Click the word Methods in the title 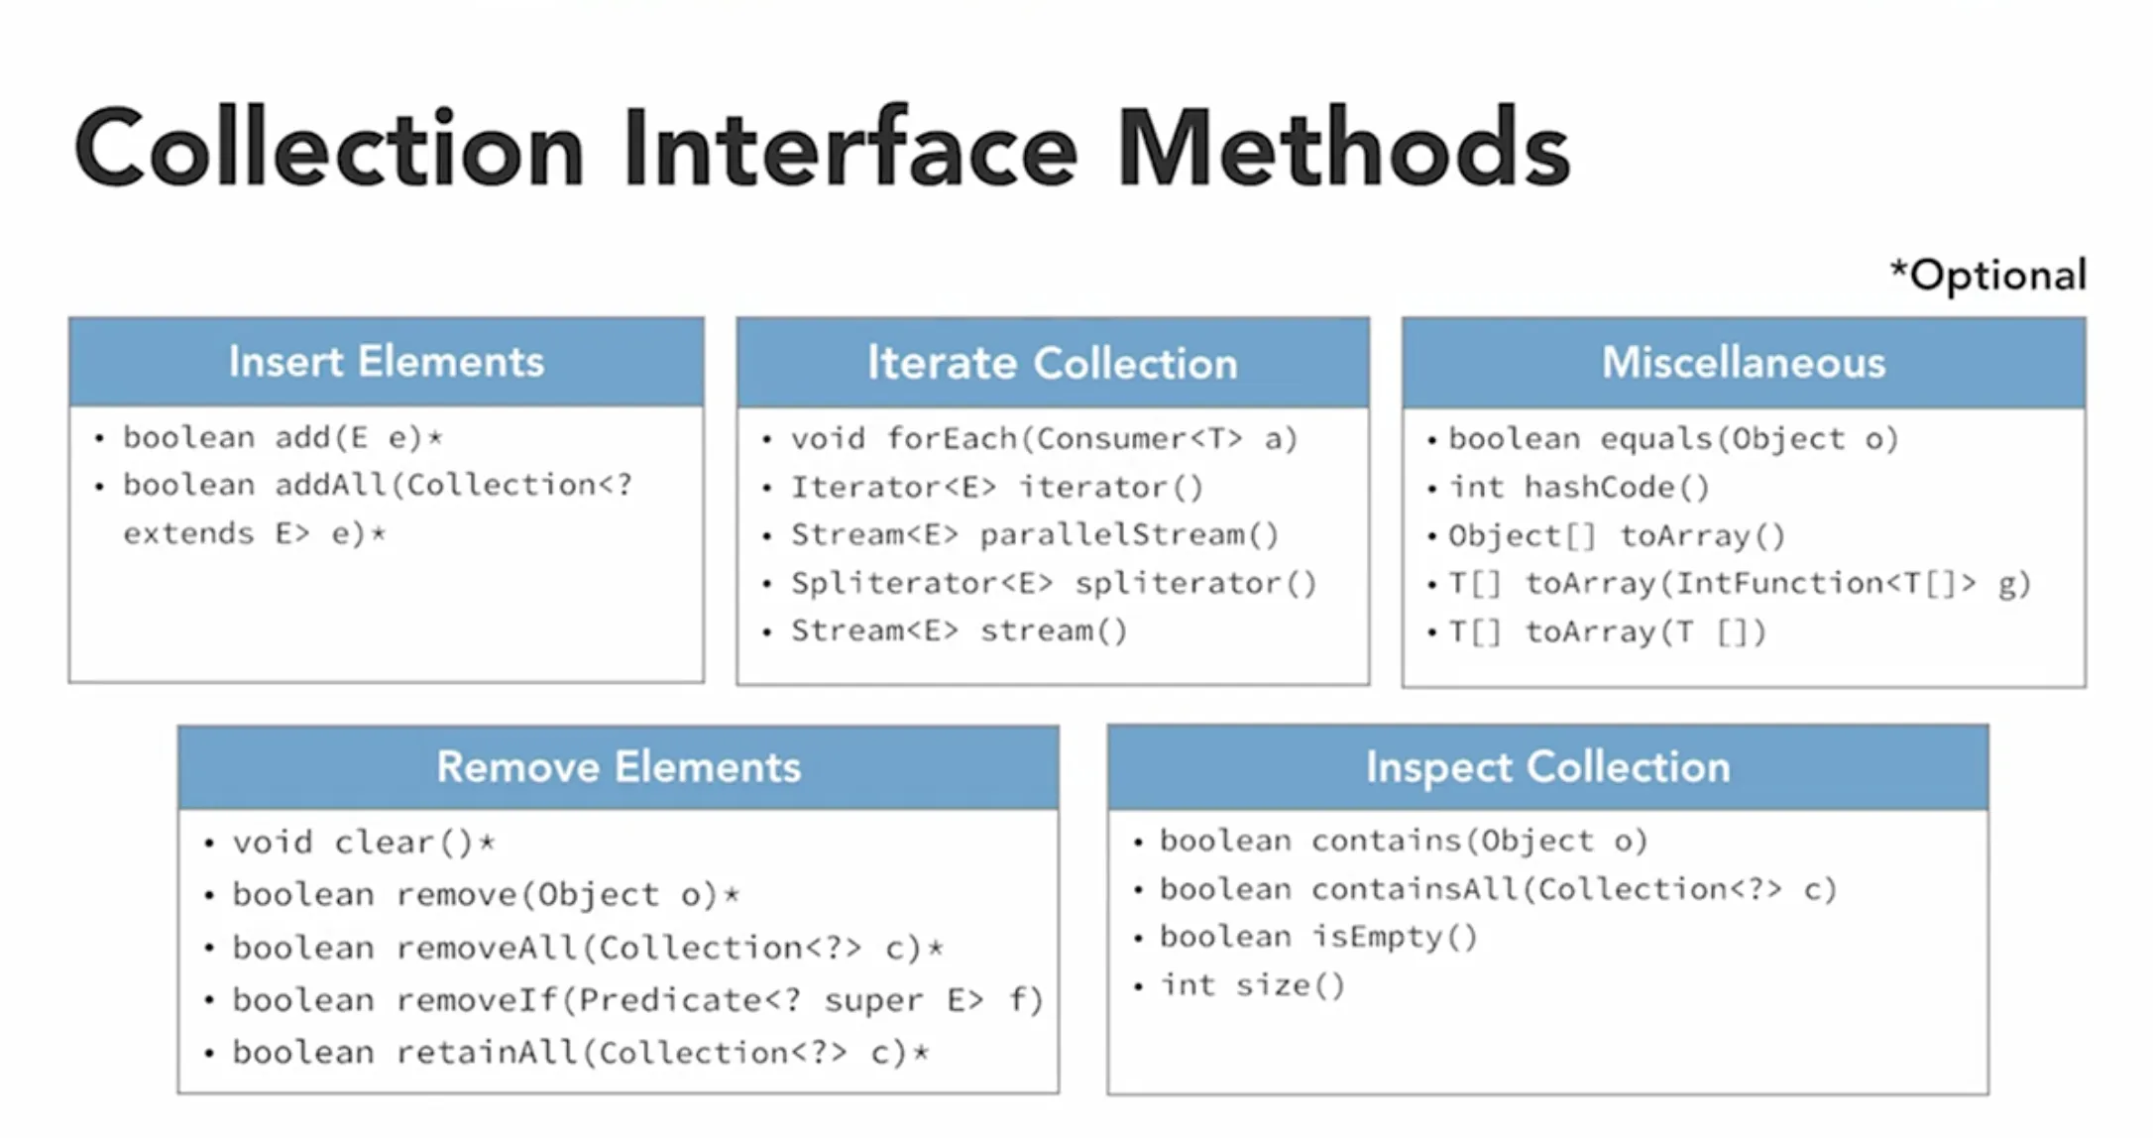click(1343, 149)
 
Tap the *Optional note click(1988, 275)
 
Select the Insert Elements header click(387, 362)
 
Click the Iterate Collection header click(1053, 363)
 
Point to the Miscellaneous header click(1744, 363)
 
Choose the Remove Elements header click(619, 767)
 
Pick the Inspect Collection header click(1547, 767)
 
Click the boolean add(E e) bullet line click(283, 437)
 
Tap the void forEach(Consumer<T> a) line click(1043, 438)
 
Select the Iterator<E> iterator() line click(996, 487)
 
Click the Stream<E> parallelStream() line click(1034, 534)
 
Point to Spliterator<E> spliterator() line click(1053, 583)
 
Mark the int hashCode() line click(1578, 487)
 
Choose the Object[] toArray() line click(1616, 535)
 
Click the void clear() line click(363, 843)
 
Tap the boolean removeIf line click(637, 1000)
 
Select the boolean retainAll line click(581, 1053)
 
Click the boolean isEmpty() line click(1318, 937)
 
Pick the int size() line click(1253, 985)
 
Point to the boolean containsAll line click(1498, 889)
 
